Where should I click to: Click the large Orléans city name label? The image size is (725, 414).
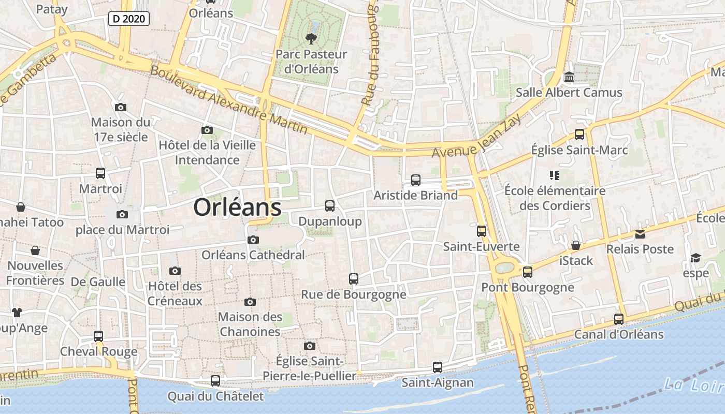pos(237,208)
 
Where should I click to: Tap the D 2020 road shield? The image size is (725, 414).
pos(129,19)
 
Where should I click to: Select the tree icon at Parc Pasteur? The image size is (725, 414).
pos(311,38)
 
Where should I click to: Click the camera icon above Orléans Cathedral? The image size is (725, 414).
pos(253,240)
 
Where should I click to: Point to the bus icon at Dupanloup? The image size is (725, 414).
pos(330,206)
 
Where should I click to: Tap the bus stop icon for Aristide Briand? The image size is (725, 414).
pos(416,180)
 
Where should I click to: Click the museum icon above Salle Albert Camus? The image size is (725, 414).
pos(569,77)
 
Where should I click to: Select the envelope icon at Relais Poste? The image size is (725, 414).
pos(640,234)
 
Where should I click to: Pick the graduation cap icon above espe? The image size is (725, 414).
pos(695,258)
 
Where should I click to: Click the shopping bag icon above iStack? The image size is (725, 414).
pos(576,245)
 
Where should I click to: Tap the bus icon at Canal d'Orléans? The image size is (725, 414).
pos(619,319)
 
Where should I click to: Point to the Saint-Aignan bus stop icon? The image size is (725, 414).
pos(438,367)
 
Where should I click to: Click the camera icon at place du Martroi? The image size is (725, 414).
pos(122,214)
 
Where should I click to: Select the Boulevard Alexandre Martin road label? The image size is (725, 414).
pos(228,99)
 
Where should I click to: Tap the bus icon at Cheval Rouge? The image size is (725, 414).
pos(98,336)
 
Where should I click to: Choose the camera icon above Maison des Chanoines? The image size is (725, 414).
pos(250,302)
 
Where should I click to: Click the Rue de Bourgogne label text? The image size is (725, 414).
pos(354,294)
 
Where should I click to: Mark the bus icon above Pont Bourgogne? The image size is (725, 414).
pos(528,272)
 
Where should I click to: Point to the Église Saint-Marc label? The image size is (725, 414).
pos(579,150)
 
